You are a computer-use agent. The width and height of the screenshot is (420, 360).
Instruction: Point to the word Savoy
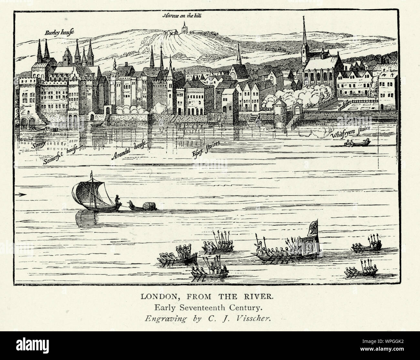pyautogui.click(x=38, y=145)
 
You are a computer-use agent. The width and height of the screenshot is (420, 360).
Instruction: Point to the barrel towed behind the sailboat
pyautogui.click(x=149, y=206)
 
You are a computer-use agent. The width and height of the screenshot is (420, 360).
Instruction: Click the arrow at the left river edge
pyautogui.click(x=22, y=195)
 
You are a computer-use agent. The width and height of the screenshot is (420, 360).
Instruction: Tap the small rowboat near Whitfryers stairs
pyautogui.click(x=357, y=143)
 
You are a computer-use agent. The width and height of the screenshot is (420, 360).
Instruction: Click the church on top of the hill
pyautogui.click(x=184, y=28)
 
